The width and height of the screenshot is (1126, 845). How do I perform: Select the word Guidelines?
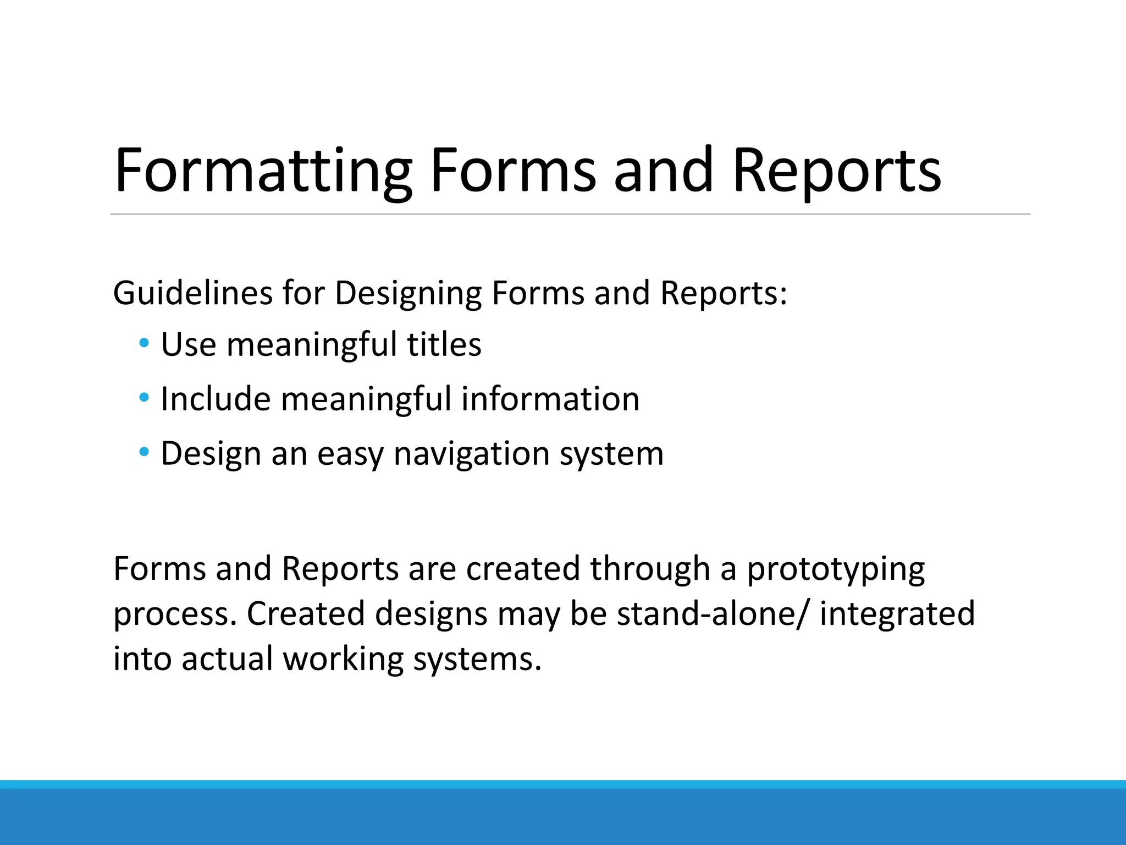point(192,293)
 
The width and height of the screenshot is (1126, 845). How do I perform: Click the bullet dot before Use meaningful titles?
point(144,343)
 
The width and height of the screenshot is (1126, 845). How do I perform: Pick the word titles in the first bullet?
point(444,344)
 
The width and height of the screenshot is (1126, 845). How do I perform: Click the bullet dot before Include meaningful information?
point(144,397)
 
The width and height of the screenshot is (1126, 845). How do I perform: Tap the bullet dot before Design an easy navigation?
point(144,452)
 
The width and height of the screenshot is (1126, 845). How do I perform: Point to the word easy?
point(350,455)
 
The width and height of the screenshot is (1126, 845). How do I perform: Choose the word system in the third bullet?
point(611,455)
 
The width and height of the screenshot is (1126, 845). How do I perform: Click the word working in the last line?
point(343,659)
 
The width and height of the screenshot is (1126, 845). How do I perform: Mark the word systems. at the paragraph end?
point(477,659)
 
